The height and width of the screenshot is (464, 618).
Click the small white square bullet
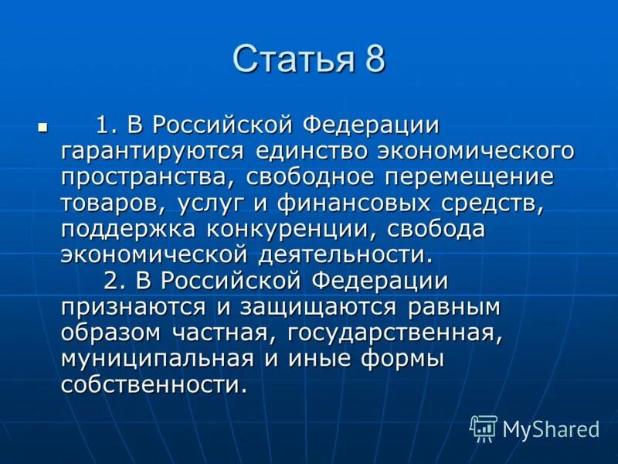pyautogui.click(x=42, y=125)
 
